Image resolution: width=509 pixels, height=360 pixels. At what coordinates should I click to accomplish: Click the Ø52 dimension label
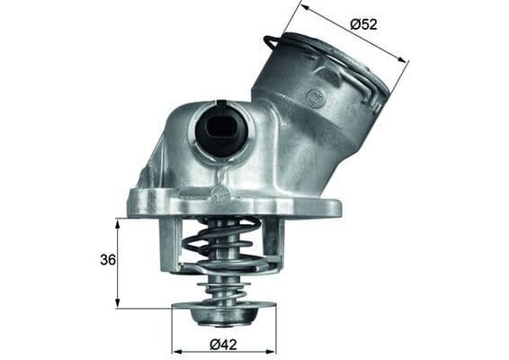(x=363, y=24)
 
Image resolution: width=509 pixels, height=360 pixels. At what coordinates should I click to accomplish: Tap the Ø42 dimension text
(x=222, y=343)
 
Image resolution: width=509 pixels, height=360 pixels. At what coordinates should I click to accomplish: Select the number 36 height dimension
(x=107, y=261)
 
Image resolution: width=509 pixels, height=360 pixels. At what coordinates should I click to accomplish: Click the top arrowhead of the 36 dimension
(x=118, y=221)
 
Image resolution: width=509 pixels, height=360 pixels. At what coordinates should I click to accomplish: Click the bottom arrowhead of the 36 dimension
(x=118, y=305)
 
